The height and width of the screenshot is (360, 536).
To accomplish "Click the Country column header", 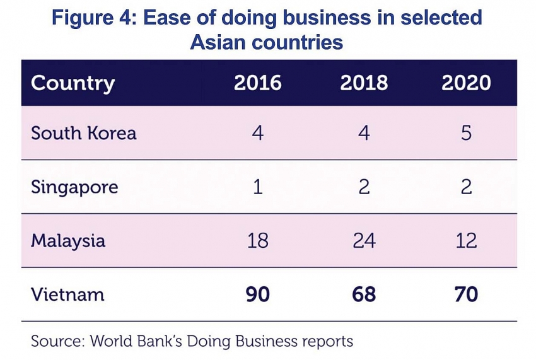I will (x=73, y=83).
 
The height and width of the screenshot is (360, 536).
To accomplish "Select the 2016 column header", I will (x=258, y=83).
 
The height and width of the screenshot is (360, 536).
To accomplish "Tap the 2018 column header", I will (x=364, y=83).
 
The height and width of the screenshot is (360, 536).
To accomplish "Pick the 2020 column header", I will (x=466, y=83).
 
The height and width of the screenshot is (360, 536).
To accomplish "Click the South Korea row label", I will (x=83, y=133).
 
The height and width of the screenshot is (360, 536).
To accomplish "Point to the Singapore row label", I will (x=74, y=187).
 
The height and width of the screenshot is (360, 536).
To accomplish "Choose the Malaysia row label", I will (x=68, y=241).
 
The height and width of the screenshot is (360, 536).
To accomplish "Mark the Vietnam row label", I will (x=67, y=294).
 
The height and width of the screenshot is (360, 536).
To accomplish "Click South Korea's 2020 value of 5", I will (x=466, y=133).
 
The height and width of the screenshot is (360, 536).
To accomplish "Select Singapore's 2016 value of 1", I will (x=258, y=187).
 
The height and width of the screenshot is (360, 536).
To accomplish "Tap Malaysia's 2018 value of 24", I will (x=364, y=241).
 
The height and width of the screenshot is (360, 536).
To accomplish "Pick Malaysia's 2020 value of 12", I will (x=466, y=241).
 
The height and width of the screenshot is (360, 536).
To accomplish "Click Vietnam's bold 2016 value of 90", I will (x=258, y=294).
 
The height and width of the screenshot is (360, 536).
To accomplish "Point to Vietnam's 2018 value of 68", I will (x=364, y=294).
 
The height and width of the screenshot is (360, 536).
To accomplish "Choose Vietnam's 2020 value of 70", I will (x=466, y=294).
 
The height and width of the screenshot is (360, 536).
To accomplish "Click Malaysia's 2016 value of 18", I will (x=258, y=241).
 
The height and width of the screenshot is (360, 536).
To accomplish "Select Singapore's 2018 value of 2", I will (x=364, y=187).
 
